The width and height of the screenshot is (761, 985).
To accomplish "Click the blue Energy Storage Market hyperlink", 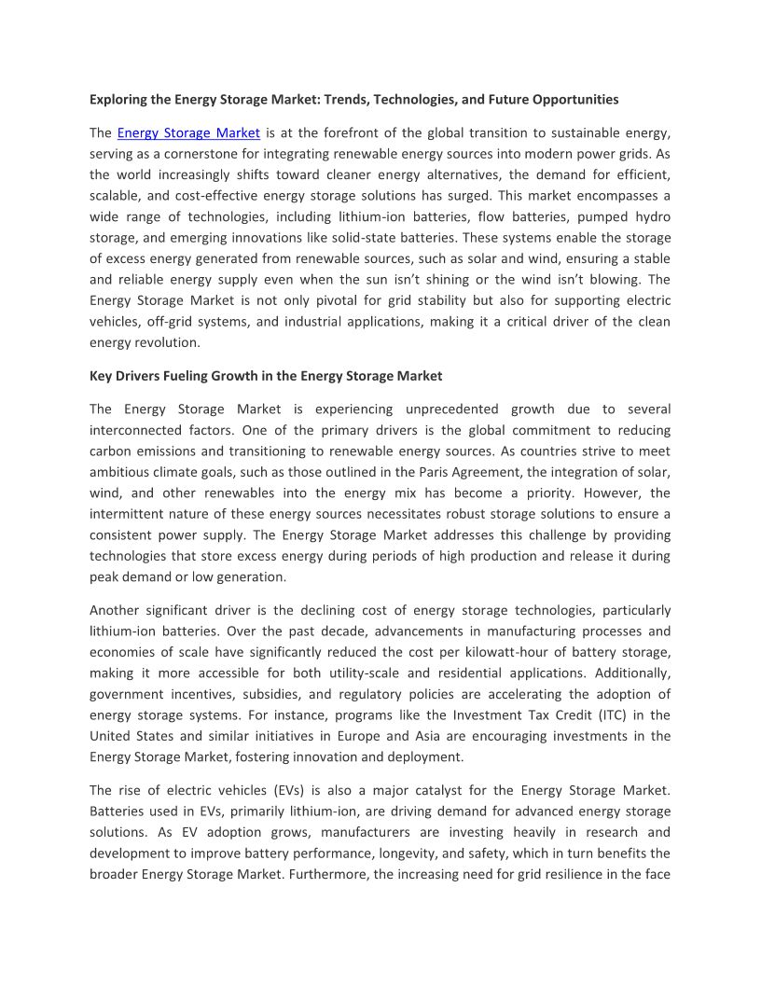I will point(188,132).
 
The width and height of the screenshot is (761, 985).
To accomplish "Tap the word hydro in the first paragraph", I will point(653,216).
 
